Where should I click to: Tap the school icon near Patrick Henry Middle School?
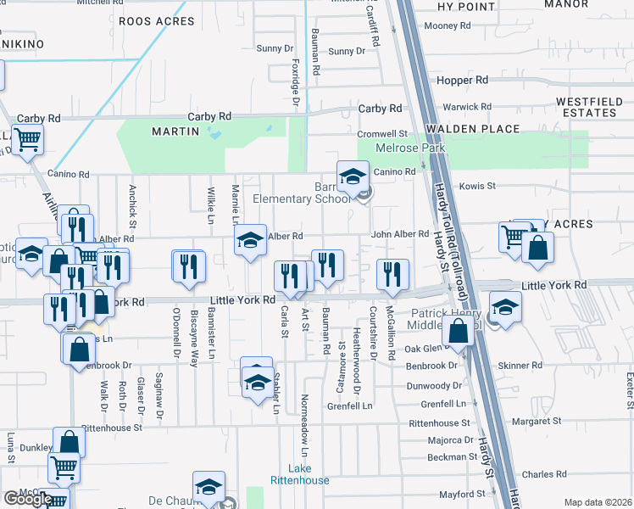click(505, 307)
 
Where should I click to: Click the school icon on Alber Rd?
click(250, 241)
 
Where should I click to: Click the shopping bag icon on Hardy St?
click(459, 332)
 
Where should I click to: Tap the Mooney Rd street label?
click(442, 26)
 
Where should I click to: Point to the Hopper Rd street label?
click(463, 80)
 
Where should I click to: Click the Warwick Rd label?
click(468, 107)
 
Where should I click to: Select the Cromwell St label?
click(382, 134)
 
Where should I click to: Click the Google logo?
click(27, 498)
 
